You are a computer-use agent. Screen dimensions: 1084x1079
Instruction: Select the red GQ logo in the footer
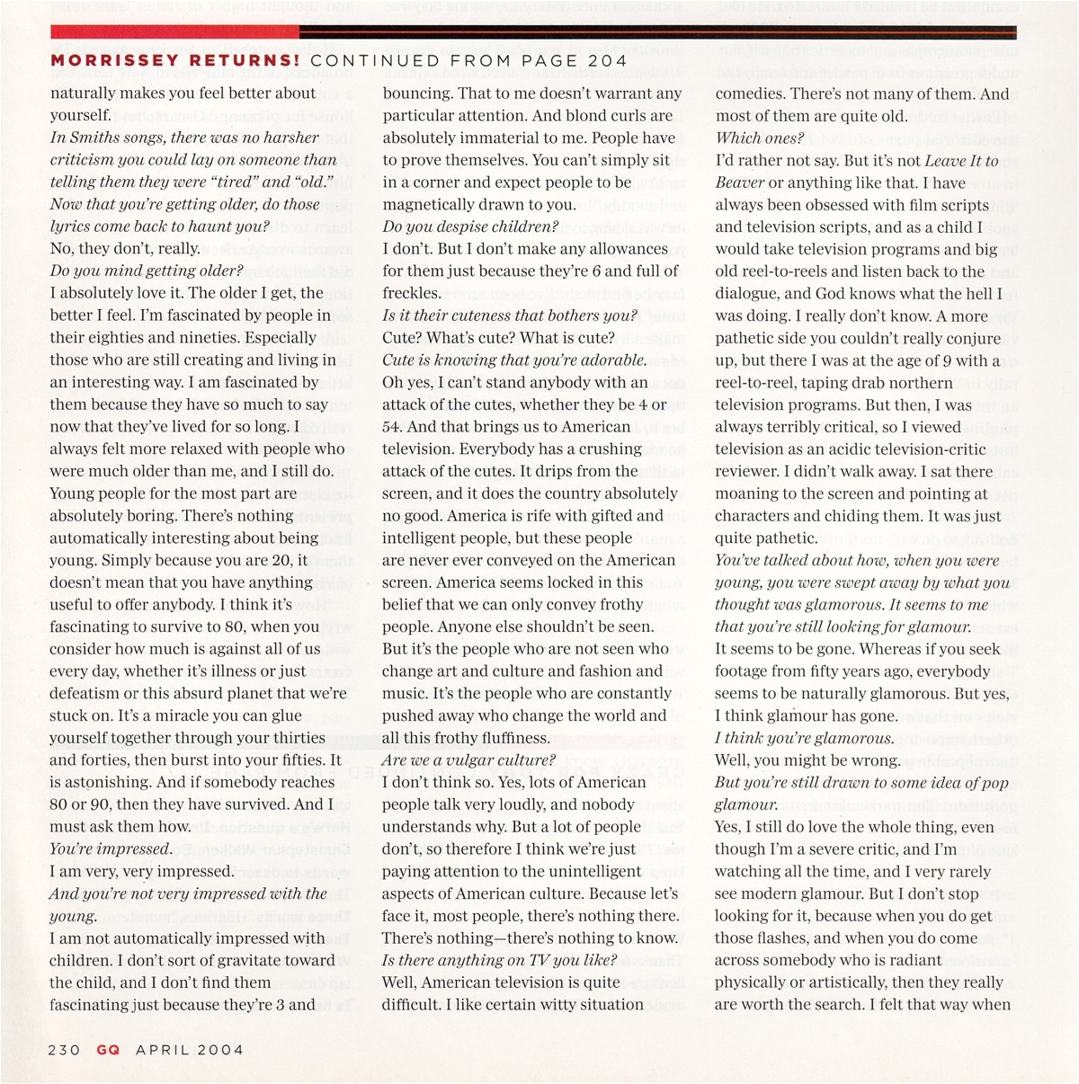(108, 1049)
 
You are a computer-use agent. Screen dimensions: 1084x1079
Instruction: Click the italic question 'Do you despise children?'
(470, 227)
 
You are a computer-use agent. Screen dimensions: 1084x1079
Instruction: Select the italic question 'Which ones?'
(759, 138)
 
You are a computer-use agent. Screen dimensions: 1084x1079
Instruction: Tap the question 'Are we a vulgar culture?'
(468, 760)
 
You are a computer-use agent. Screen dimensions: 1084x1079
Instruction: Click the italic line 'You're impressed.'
(111, 849)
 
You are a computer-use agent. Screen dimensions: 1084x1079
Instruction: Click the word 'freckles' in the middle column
(410, 293)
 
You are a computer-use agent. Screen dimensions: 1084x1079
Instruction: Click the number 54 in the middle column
(393, 427)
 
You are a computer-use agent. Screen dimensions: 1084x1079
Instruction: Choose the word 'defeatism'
(85, 693)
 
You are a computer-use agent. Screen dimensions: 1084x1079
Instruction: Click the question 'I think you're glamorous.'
(804, 739)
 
